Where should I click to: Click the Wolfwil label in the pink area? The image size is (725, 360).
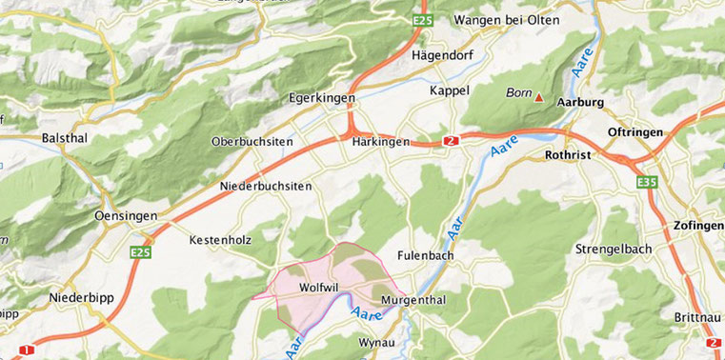coord(314,286)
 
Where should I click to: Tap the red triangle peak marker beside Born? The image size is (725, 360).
coord(539,96)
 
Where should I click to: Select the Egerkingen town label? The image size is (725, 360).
coord(322,98)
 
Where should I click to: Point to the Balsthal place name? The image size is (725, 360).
coord(65,138)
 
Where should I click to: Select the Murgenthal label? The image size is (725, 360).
coord(413,300)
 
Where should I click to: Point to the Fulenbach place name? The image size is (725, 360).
coord(426,255)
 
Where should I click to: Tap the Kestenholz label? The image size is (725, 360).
coord(219,239)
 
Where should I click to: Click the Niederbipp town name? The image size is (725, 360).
coord(81,297)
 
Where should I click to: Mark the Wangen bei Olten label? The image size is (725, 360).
coord(506,20)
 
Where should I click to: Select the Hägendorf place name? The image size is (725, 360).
coord(442,55)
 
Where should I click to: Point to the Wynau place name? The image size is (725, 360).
coord(376,341)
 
